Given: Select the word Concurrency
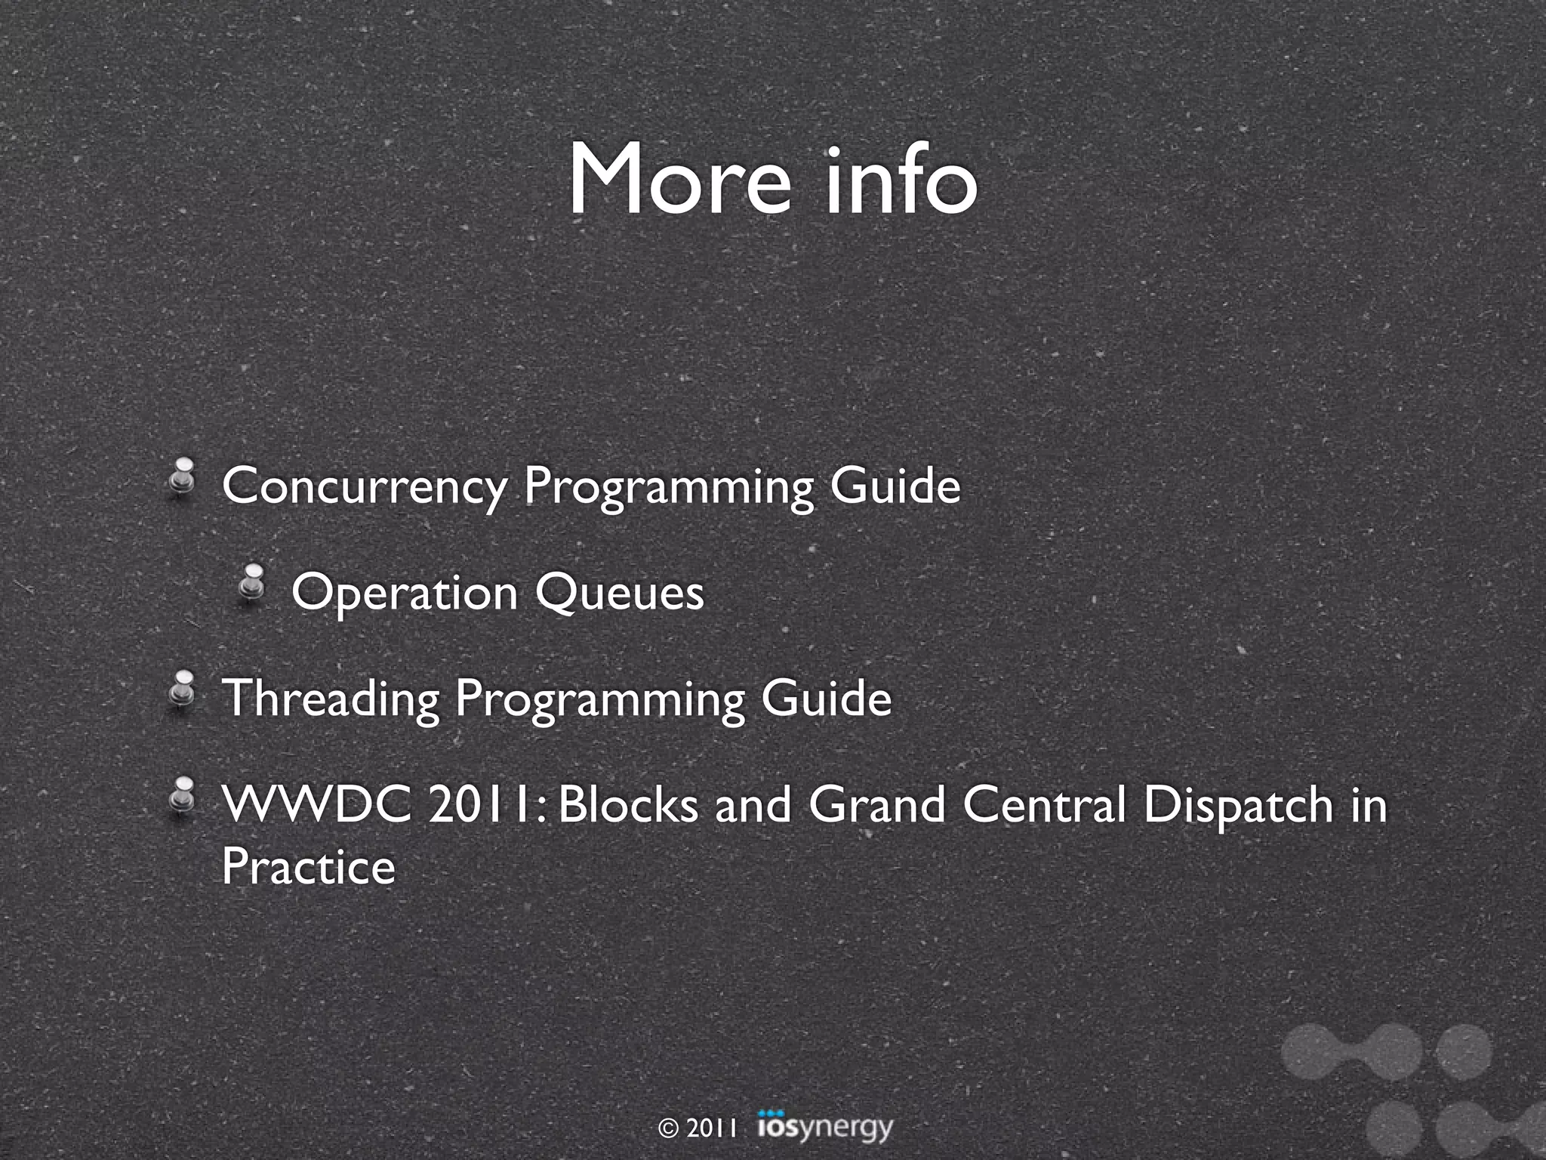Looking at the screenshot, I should tap(364, 486).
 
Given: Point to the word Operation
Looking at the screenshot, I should tap(405, 594).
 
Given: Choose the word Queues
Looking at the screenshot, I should tap(620, 594).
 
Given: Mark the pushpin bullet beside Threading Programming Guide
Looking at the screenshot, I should tap(182, 690).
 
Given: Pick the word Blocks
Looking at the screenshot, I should tap(629, 805).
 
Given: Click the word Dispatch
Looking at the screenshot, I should tap(1238, 805).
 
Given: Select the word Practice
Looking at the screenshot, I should tap(308, 867).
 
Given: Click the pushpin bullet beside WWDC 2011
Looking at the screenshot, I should tap(182, 796).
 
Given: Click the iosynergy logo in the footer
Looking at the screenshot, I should tap(824, 1128).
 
